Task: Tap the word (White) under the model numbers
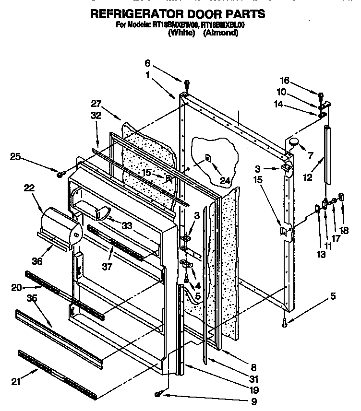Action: (x=181, y=33)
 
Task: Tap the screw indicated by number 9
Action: (x=159, y=394)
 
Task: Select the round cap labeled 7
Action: (x=294, y=141)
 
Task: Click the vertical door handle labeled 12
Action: (x=328, y=153)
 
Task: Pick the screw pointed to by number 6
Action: (x=187, y=82)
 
